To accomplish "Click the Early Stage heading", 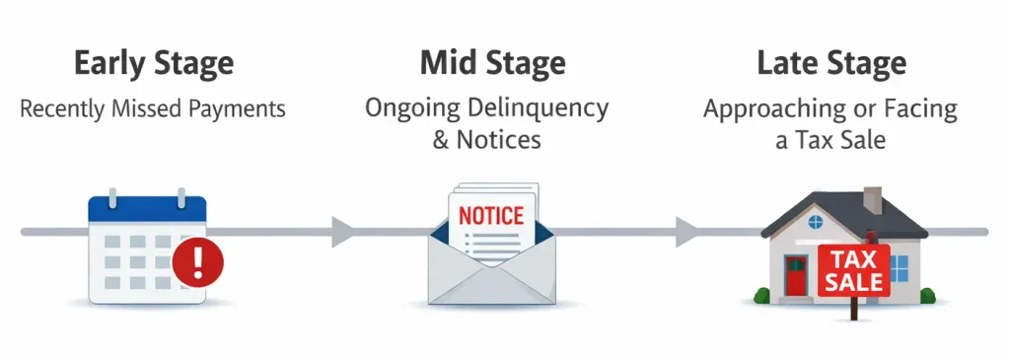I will coord(153,63).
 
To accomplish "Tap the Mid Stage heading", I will coord(492,63).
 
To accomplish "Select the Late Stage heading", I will coord(830,63).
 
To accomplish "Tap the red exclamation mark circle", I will coord(197,263).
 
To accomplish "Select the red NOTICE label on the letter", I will coord(492,215).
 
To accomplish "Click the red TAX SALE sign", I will coord(853,270).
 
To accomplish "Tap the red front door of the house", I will coord(796,275).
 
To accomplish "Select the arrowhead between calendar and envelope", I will coord(342,232).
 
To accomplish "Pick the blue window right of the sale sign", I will coord(899,266).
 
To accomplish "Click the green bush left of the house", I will coord(761,294).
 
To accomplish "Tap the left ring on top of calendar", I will coord(110,199).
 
